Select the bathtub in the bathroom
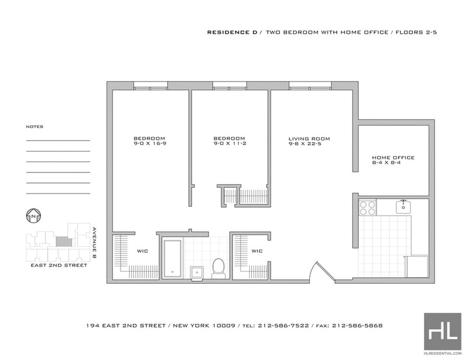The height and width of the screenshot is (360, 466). [172, 258]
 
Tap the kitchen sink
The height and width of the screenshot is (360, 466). [403, 207]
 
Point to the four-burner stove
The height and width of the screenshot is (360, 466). [368, 207]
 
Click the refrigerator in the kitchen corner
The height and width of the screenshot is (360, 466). [416, 266]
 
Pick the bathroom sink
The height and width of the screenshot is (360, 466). [197, 273]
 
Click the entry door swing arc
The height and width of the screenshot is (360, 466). [313, 270]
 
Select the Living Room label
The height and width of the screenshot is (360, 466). [309, 139]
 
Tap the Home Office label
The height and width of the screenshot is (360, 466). [393, 157]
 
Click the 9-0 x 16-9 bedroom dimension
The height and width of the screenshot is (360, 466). [150, 143]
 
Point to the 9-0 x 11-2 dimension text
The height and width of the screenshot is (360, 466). [230, 143]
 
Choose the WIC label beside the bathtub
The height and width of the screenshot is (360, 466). [142, 251]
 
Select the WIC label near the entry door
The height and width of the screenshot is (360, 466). [257, 251]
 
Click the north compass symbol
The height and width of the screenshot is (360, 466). [34, 216]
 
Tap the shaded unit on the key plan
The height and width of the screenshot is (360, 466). [64, 242]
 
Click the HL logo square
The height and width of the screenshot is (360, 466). [443, 331]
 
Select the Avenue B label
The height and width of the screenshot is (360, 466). [94, 243]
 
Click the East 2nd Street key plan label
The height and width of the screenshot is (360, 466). [59, 265]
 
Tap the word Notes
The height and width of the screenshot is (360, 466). [34, 126]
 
